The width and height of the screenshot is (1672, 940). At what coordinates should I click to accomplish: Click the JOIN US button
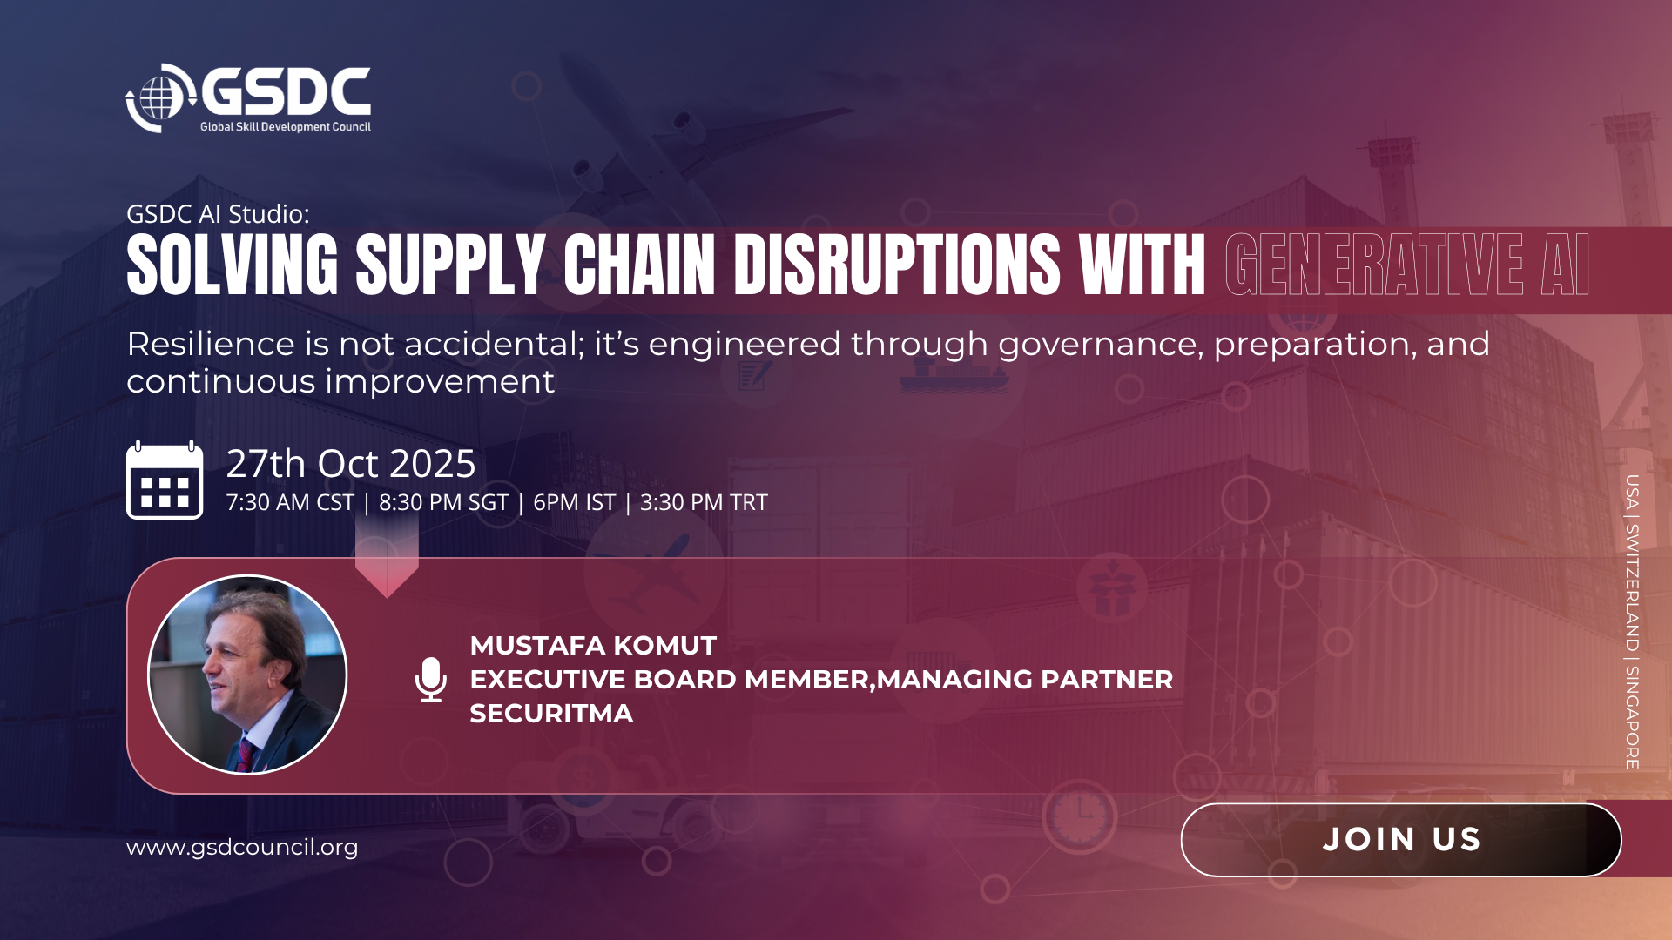coord(1400,840)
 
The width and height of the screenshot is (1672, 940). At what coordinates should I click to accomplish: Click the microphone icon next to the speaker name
coord(431,680)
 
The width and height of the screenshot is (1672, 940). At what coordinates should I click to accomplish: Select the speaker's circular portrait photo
coord(247,675)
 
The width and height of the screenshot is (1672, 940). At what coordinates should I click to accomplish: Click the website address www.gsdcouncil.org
coord(242,847)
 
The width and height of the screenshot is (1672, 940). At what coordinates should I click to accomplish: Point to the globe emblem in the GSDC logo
coord(158,97)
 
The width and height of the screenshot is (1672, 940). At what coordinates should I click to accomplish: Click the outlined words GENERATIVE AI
coord(1406,265)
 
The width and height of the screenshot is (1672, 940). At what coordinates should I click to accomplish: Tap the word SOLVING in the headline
coord(233,265)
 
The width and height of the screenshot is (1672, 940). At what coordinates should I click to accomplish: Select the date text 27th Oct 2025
coord(351,463)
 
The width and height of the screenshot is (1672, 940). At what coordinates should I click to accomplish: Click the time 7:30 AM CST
coord(290,503)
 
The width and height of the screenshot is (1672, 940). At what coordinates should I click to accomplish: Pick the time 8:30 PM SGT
coord(443,503)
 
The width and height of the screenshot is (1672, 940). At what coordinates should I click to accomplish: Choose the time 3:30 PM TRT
coord(704,503)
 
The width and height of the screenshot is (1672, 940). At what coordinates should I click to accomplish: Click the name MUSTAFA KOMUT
coord(593,646)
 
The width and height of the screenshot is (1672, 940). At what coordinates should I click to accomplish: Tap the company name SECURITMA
coord(551,714)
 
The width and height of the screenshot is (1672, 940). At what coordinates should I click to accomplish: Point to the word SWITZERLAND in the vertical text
coord(1632,587)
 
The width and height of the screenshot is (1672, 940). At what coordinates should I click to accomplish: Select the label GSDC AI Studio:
coord(218,214)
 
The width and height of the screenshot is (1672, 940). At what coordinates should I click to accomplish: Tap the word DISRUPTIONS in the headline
coord(897,265)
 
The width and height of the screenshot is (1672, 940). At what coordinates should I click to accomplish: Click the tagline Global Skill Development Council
coord(286,127)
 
